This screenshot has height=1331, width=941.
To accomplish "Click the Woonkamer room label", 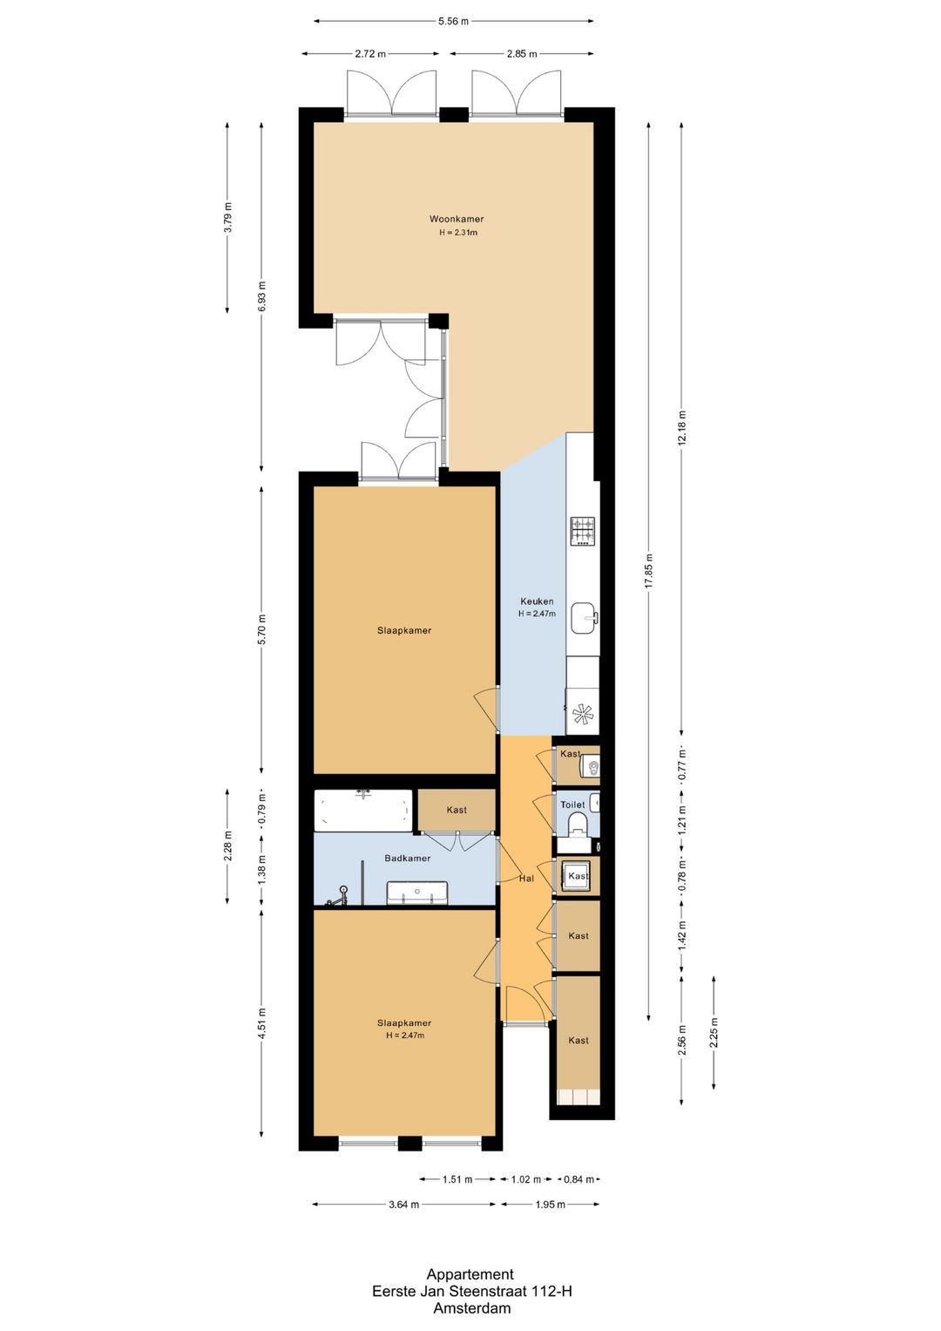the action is coord(457,219).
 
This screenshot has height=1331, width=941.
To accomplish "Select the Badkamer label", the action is coord(408,858).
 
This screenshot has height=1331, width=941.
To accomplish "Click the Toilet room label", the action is coord(572,805).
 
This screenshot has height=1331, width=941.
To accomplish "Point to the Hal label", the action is coord(526,879).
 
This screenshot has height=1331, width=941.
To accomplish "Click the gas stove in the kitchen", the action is coord(583,531).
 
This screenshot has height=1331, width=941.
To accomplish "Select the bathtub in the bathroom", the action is coord(363,811).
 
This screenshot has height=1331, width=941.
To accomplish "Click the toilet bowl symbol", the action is coord(577,826).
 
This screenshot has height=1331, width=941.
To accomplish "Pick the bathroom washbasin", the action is coord(417,893).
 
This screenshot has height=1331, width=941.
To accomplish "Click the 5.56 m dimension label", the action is coord(453,22).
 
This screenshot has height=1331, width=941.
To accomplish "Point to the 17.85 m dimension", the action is coord(649,571).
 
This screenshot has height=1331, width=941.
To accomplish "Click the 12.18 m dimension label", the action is coord(681,428).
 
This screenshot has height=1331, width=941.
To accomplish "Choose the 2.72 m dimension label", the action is coord(370,54).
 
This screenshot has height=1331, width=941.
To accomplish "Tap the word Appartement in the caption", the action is coord(470,1274).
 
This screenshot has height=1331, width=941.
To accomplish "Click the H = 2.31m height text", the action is coord(458,233).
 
